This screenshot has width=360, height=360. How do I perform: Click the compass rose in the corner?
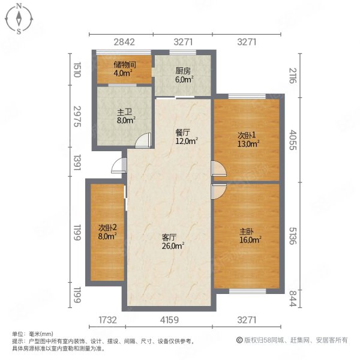tap(19, 19)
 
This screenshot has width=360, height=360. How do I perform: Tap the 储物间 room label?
tap(125, 65)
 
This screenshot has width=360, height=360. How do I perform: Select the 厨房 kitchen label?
tap(183, 71)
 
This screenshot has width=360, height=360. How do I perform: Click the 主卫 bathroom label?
tap(125, 113)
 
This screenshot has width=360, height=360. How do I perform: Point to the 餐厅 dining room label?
tap(183, 133)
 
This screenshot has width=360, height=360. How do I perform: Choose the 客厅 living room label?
tap(169, 238)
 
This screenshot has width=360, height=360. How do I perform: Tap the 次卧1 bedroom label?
tap(247, 136)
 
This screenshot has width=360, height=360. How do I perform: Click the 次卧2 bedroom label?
tap(107, 228)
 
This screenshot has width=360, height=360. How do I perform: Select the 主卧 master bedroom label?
tap(247, 232)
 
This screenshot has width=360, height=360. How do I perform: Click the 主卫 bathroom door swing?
tap(143, 140)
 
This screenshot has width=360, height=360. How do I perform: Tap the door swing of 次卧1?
tap(218, 169)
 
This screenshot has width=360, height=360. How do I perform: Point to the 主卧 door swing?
tap(218, 191)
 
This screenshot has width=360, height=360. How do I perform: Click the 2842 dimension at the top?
tap(124, 42)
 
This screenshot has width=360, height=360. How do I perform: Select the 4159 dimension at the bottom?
tap(169, 320)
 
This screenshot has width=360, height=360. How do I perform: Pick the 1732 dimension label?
tap(107, 320)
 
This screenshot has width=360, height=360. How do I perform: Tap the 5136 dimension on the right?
tap(293, 236)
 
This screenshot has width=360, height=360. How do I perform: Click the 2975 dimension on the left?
tap(77, 116)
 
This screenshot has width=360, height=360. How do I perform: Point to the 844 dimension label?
tap(293, 298)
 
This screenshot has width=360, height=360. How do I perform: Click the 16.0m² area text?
tap(250, 240)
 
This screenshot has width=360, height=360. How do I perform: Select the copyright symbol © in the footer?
tap(239, 340)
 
